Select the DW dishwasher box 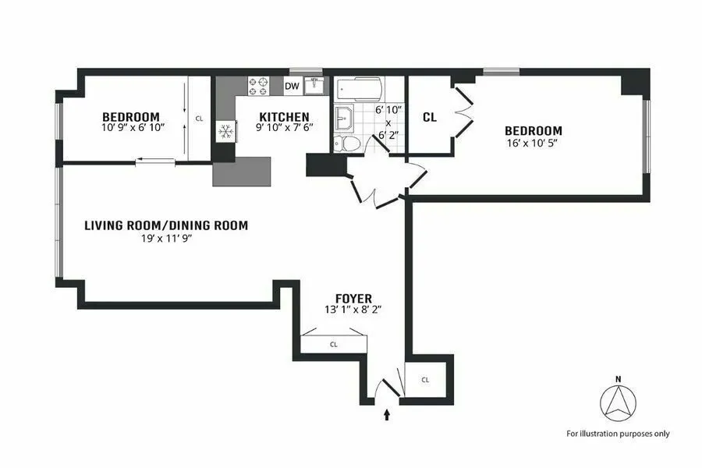pyautogui.click(x=292, y=87)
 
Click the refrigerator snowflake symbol pyautogui.click(x=225, y=131)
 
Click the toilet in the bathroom pyautogui.click(x=350, y=144)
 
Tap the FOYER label pyautogui.click(x=353, y=298)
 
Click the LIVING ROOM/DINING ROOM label pyautogui.click(x=166, y=226)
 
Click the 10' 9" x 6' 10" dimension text pyautogui.click(x=133, y=127)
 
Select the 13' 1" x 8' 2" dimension pyautogui.click(x=353, y=310)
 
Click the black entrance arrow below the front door pyautogui.click(x=387, y=415)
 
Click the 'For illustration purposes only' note pyautogui.click(x=617, y=434)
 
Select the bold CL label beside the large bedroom pyautogui.click(x=429, y=118)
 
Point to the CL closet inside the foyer pyautogui.click(x=333, y=343)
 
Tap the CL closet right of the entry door pyautogui.click(x=425, y=380)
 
